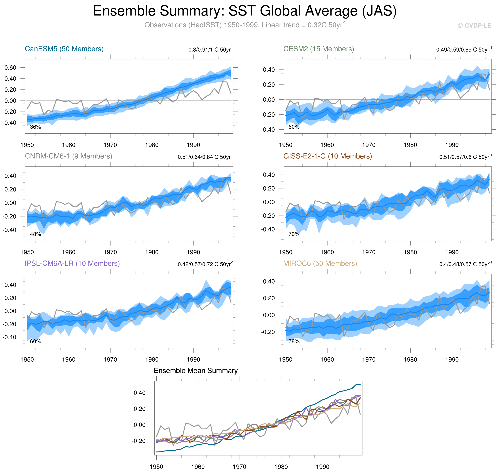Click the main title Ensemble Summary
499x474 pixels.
245,11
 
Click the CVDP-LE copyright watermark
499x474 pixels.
474,26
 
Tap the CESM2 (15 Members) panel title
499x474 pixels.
318,49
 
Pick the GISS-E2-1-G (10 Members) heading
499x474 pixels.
327,156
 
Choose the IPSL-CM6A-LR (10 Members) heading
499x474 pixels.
72,263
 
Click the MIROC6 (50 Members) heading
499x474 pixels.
320,263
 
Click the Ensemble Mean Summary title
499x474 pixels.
195,371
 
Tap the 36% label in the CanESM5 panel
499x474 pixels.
35,127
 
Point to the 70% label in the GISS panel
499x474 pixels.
294,234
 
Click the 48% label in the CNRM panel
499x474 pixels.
35,234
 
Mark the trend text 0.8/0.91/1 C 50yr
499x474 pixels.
211,49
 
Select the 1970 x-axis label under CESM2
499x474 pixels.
369,145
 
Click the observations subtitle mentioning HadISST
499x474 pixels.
245,25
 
